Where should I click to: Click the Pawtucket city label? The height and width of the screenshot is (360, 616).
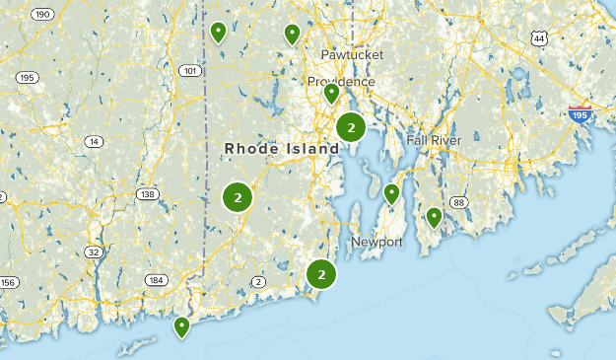click(352, 54)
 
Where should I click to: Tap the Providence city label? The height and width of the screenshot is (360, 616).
click(341, 81)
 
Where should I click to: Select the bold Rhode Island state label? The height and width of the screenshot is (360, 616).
click(281, 148)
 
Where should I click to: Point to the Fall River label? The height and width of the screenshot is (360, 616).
click(434, 140)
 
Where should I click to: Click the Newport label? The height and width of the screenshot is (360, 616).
click(377, 242)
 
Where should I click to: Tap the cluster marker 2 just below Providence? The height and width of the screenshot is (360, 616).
click(351, 127)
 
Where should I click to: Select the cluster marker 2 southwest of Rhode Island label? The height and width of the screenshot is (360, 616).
click(238, 197)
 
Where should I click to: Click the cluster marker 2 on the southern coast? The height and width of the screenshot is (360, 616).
click(321, 274)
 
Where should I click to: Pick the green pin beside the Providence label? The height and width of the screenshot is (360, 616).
click(332, 94)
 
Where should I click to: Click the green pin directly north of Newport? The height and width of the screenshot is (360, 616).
click(391, 193)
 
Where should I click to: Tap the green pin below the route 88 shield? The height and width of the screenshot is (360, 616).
click(434, 217)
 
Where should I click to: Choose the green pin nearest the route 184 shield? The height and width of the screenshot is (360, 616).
click(181, 326)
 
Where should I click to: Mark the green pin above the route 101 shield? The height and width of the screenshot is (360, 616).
click(218, 32)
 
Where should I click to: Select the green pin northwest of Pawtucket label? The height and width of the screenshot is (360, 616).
click(292, 34)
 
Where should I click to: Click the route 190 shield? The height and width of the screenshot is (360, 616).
click(41, 14)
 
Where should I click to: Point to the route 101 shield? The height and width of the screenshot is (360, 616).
click(189, 71)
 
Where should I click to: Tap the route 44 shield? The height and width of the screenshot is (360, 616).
click(537, 38)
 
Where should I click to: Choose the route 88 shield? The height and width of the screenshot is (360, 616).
click(458, 202)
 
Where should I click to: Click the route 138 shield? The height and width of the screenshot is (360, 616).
click(148, 194)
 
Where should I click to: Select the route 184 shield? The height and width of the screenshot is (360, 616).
click(155, 280)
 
